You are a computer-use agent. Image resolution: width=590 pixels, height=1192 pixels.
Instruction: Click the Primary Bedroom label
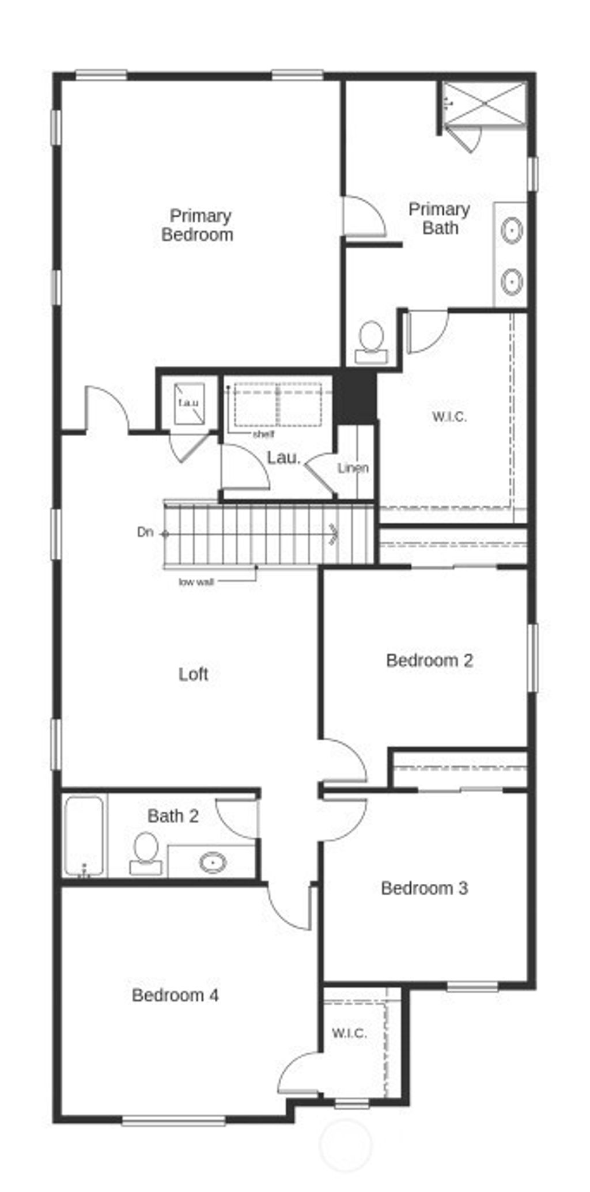[198, 225]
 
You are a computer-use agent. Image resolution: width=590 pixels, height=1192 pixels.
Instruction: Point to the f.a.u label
[188, 403]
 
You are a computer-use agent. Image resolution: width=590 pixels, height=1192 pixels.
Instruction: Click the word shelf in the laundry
[263, 434]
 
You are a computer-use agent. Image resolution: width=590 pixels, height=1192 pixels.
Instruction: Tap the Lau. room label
[283, 459]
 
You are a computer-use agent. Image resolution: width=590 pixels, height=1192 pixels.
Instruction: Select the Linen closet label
[353, 468]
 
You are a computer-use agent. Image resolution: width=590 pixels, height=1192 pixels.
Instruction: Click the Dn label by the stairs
[145, 532]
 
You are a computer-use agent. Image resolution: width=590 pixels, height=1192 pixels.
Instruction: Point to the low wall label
[196, 582]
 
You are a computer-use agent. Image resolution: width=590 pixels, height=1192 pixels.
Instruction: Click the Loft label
[193, 673]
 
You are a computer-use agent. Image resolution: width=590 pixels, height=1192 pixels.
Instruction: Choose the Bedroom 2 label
[429, 660]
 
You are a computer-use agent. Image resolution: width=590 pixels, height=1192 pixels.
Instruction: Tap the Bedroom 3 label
[424, 888]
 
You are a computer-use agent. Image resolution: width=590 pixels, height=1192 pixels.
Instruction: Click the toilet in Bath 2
[145, 853]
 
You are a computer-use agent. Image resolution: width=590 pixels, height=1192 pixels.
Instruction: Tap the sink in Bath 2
[213, 862]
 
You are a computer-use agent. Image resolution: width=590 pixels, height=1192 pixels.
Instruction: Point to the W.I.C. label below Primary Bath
[449, 417]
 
